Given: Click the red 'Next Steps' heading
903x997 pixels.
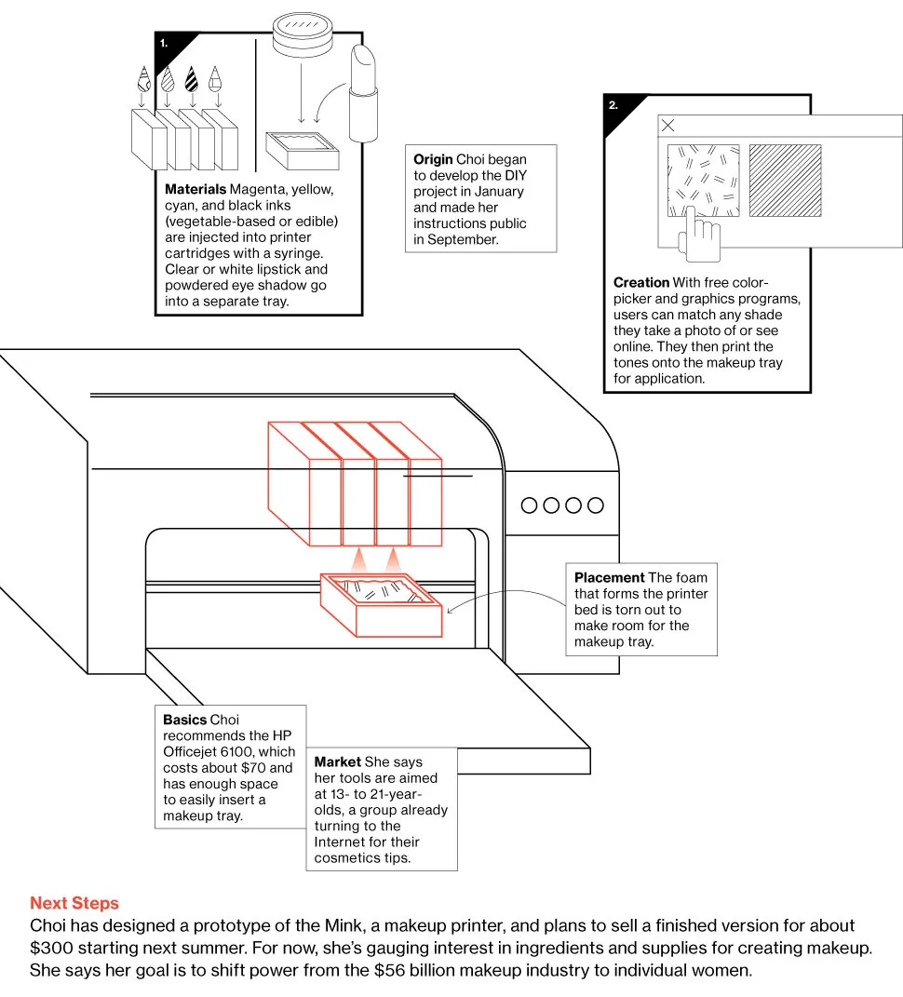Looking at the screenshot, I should coord(74,903).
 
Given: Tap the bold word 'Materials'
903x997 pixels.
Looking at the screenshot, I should coord(195,190).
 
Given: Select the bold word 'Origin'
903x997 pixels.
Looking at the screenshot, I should coord(433,159).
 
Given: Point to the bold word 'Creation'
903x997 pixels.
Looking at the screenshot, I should coord(641,282).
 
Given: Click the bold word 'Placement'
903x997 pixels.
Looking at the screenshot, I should coord(609,578).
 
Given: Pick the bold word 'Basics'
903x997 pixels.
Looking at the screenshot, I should coord(185,720).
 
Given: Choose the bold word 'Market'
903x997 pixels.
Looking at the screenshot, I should coord(337,762).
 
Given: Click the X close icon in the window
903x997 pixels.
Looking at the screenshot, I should coord(667,126).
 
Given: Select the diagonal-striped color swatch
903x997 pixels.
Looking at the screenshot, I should coord(785,181).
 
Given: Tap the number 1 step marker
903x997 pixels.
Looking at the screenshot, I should coord(164,42).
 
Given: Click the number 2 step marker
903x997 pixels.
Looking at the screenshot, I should coord(613,105).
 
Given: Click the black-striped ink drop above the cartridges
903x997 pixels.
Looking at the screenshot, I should coord(191,79).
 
